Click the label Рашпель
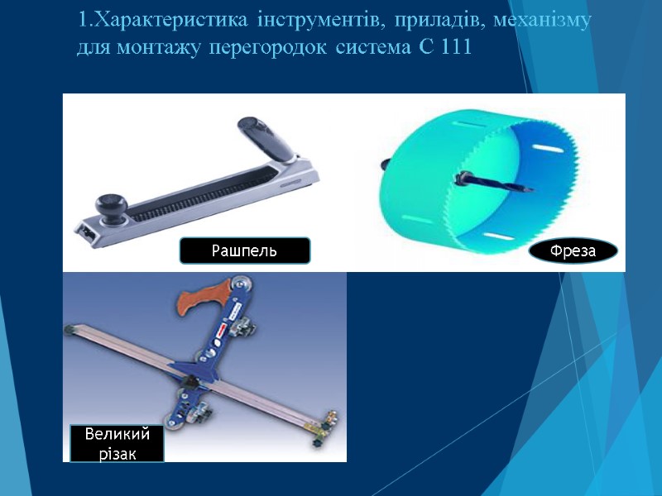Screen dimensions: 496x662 [x=245, y=250]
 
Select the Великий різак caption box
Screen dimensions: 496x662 [x=114, y=443]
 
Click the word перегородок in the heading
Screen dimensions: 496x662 [x=280, y=47]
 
